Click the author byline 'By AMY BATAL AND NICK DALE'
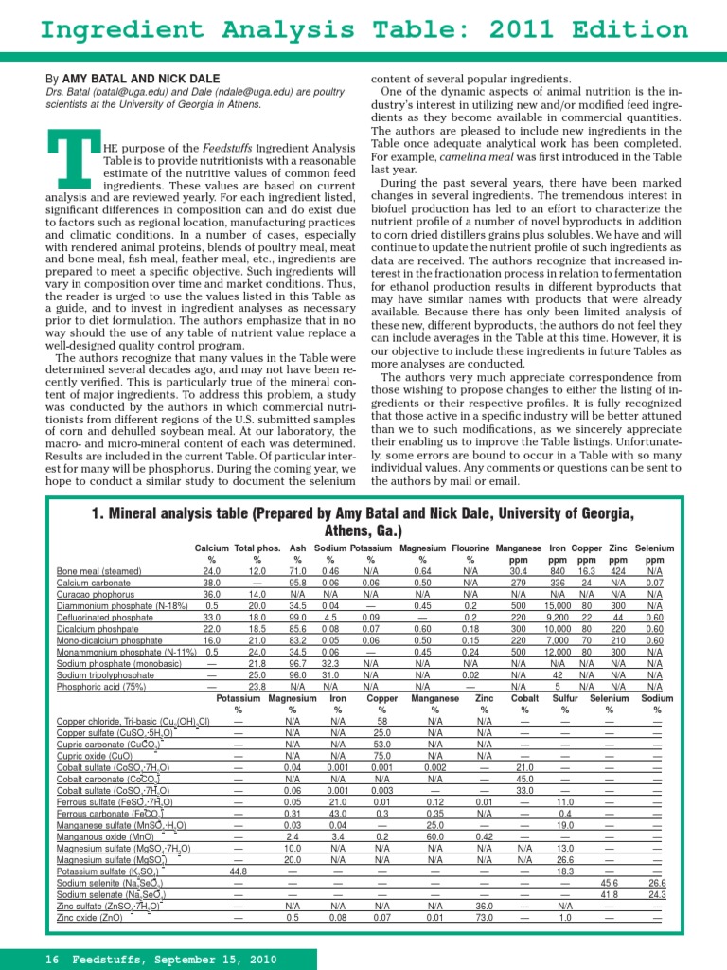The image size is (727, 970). pyautogui.click(x=133, y=78)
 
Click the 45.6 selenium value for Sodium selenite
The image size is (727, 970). pyautogui.click(x=610, y=882)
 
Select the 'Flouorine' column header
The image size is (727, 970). pyautogui.click(x=470, y=548)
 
